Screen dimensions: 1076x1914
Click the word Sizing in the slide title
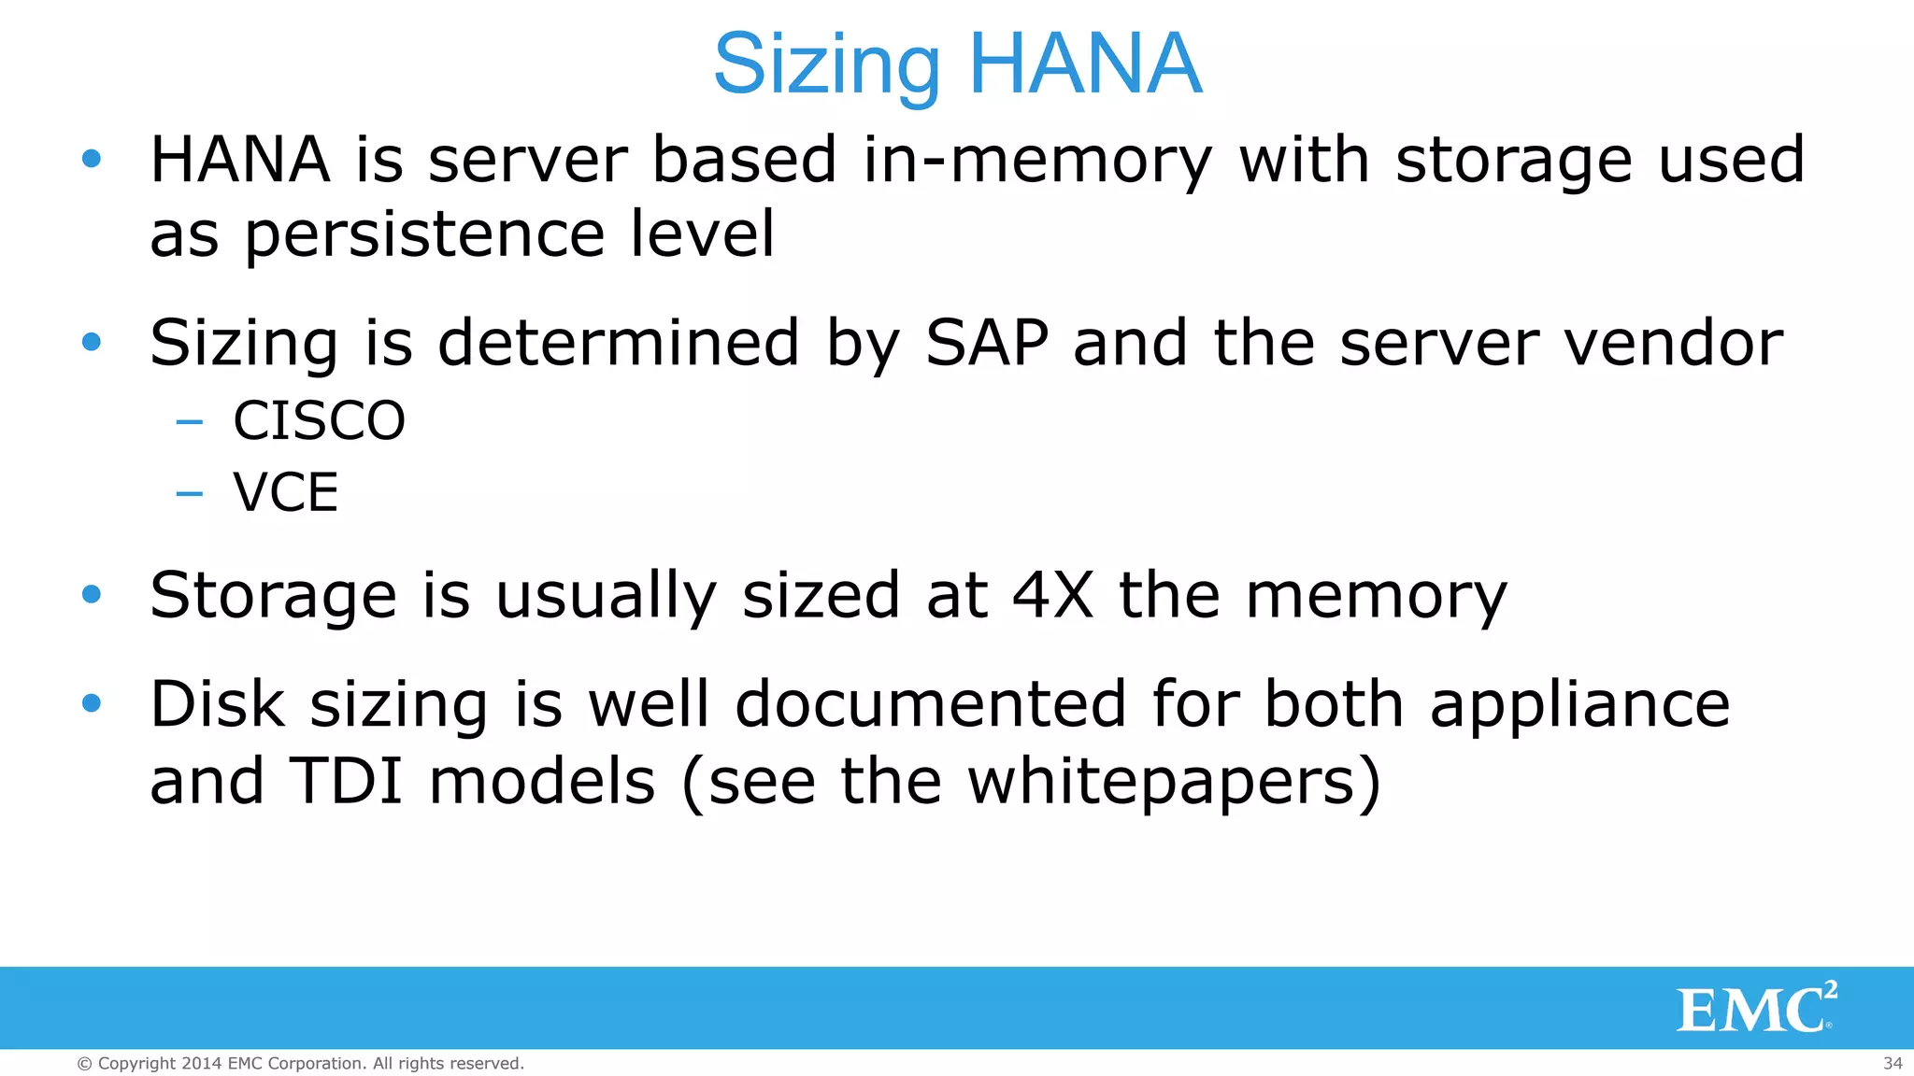826,65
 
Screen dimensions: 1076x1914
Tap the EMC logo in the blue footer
1755,1008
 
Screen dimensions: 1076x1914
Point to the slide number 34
1893,1063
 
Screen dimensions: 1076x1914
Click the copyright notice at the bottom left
300,1063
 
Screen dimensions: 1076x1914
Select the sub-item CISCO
319,420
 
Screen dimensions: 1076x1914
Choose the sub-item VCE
285,492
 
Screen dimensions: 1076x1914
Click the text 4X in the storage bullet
1053,595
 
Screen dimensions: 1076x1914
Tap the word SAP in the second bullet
987,343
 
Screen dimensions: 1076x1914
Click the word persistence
424,234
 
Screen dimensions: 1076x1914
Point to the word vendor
1673,343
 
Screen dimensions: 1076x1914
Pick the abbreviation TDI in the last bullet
347,781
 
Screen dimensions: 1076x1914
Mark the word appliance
1579,704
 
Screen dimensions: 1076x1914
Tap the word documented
930,704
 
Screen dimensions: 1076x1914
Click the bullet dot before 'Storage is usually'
92,594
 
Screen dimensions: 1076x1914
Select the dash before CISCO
190,422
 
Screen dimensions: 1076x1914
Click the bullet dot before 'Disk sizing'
92,703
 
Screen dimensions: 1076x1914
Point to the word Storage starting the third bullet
273,595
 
